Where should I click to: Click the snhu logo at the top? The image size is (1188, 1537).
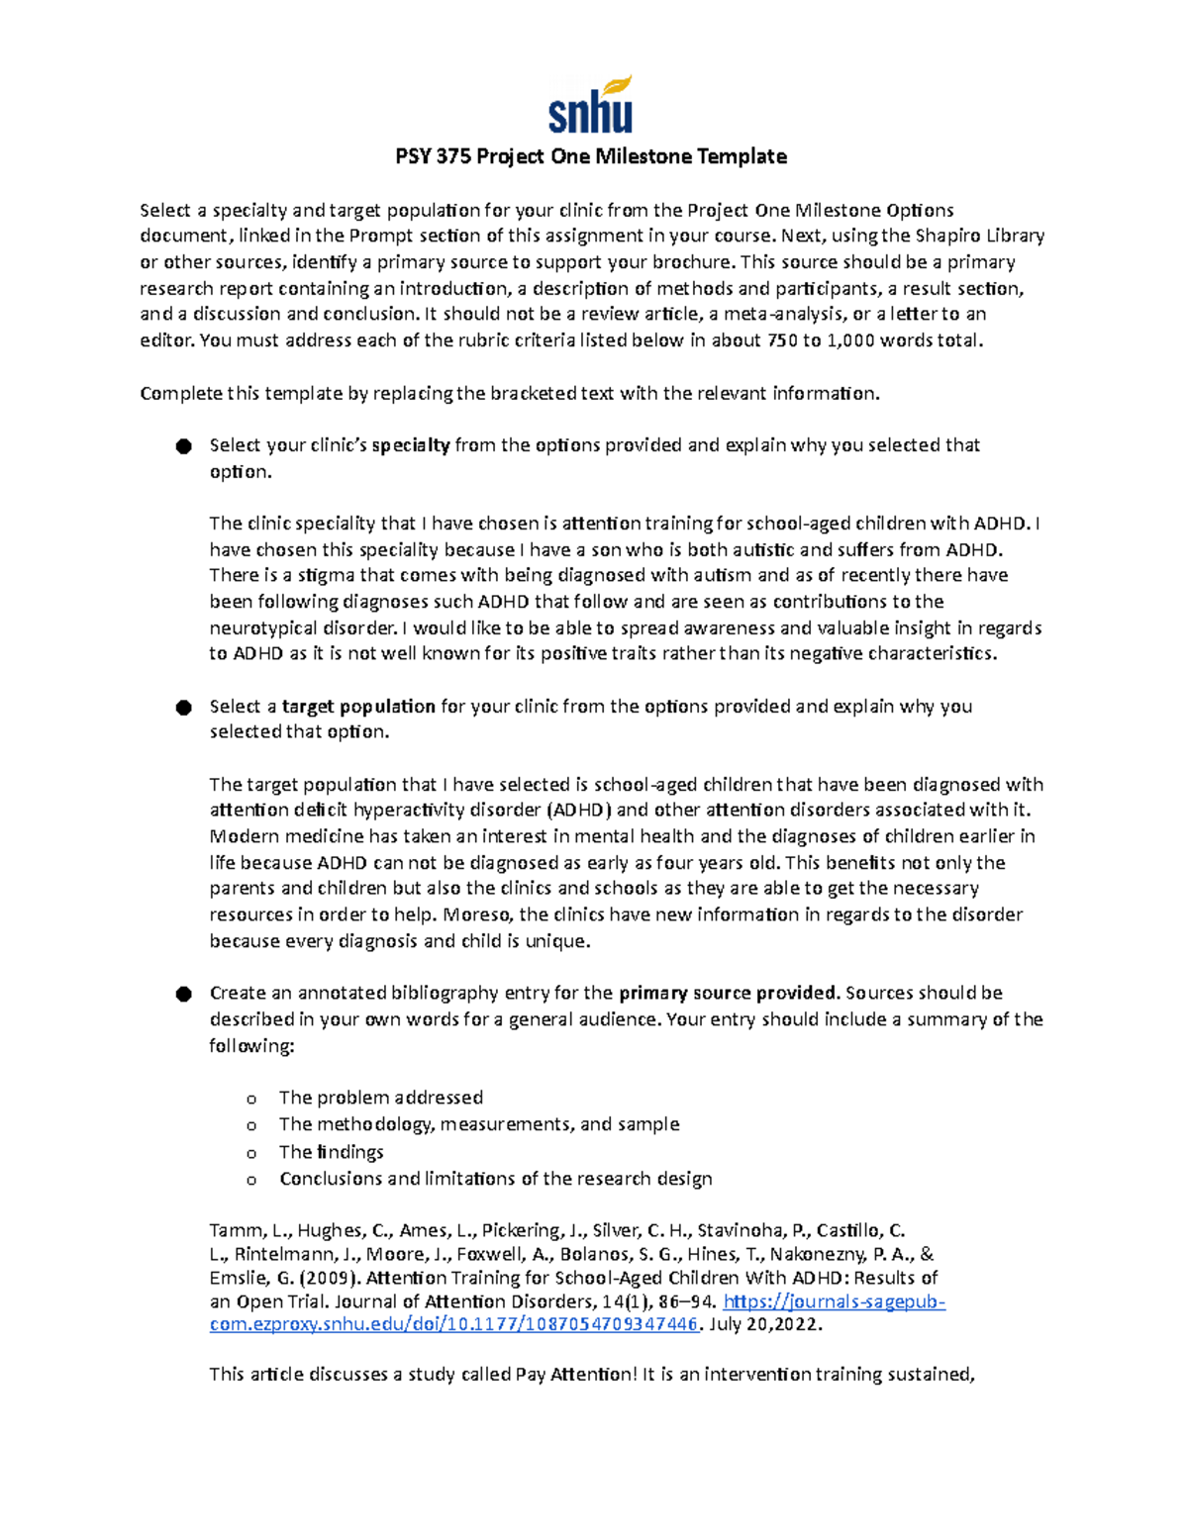point(590,105)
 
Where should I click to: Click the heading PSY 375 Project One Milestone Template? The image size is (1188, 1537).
point(591,156)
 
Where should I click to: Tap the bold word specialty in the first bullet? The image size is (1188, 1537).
point(411,445)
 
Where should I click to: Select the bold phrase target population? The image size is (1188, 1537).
point(358,707)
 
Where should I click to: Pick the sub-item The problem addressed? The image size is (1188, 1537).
point(380,1098)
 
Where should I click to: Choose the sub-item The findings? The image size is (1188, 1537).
point(331,1152)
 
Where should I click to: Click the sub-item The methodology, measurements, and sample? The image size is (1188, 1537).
point(479,1124)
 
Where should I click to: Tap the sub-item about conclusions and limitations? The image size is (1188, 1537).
point(495,1179)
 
